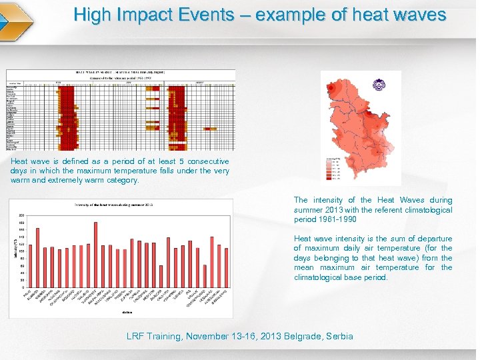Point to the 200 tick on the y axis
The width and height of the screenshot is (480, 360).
pos(21,215)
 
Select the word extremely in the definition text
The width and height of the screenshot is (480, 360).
pos(67,180)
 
